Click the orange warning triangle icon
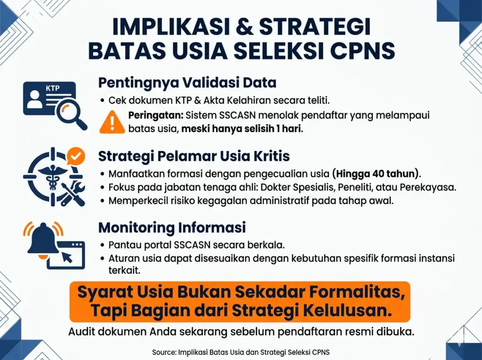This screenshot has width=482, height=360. (112, 122)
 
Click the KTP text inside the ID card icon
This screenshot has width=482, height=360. (53, 88)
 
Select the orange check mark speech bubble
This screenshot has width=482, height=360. (76, 157)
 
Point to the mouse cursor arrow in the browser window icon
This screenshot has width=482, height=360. (67, 256)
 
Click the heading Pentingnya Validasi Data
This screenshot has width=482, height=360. (187, 82)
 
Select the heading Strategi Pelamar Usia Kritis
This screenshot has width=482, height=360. (194, 156)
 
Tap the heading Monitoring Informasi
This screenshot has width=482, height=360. (172, 227)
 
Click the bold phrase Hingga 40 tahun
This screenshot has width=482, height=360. (375, 174)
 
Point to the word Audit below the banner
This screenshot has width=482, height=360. (81, 332)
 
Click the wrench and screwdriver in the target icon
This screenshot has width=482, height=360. (72, 194)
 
